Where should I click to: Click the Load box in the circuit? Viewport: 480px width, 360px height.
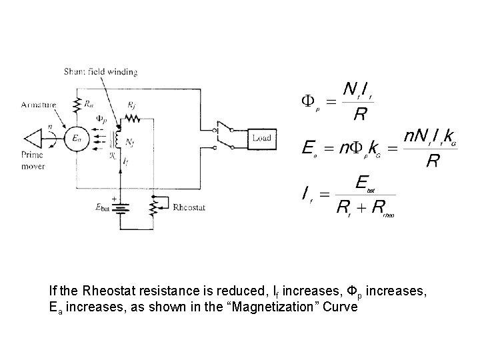261,138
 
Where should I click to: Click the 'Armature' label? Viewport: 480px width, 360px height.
39,105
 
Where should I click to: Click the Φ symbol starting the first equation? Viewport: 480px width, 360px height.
308,101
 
